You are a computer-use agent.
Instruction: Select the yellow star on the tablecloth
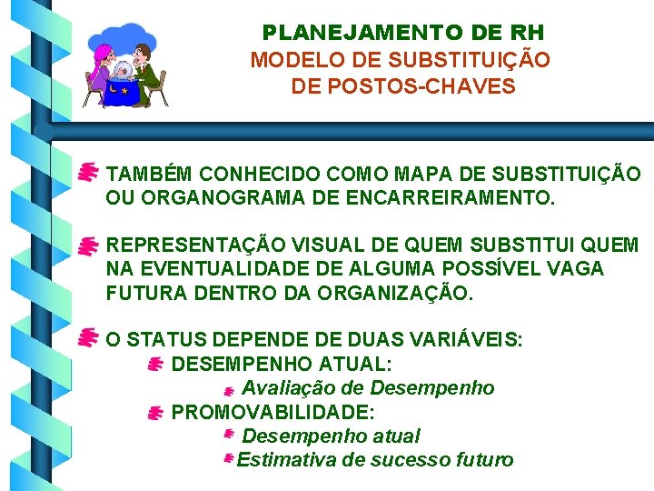click(124, 92)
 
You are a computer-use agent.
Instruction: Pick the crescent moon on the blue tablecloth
click(113, 89)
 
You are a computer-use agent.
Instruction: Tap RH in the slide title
click(528, 34)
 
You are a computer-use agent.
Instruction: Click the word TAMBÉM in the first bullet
click(150, 174)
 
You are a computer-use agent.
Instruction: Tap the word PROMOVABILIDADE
click(273, 412)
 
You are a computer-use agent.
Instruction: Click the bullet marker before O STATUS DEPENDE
click(88, 338)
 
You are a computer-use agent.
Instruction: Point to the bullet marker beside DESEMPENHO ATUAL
click(154, 365)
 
